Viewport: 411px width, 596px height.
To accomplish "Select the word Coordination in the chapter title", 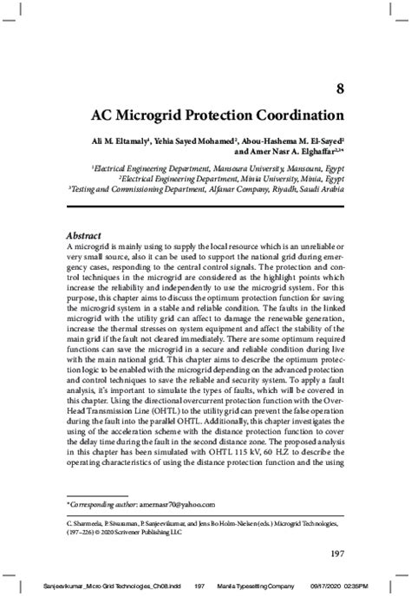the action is point(292,115).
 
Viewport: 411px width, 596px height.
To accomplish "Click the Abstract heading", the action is point(84,235).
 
